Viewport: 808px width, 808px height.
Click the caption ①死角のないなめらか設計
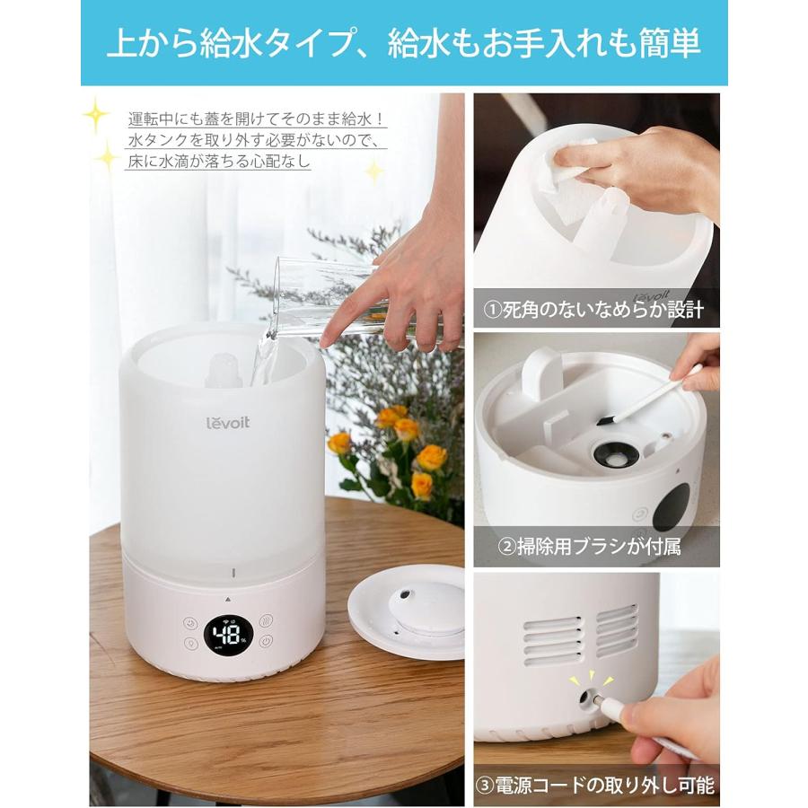coord(594,310)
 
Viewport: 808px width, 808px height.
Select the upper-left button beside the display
coord(191,622)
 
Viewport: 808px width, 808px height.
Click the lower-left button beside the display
coord(191,644)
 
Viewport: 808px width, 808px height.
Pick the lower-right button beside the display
coord(267,643)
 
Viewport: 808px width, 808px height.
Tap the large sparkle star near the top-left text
coord(95,117)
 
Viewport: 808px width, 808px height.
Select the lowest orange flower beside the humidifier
coord(421,486)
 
